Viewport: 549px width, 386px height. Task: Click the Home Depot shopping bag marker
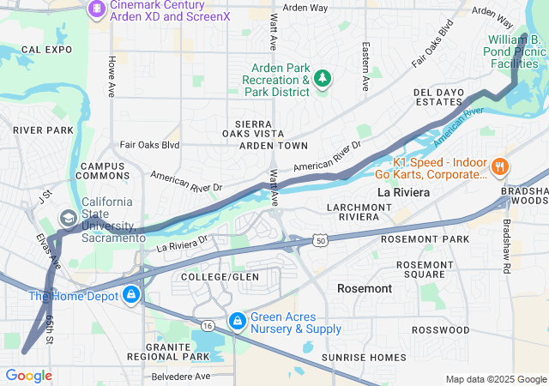point(131,297)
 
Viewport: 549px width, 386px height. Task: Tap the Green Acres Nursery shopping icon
point(237,321)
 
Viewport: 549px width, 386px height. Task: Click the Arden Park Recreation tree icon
point(323,80)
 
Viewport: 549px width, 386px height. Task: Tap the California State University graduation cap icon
point(67,220)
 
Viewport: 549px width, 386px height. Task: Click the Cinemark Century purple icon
point(96,9)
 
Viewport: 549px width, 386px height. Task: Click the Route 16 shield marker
point(208,325)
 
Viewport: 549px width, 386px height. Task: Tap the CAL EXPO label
point(45,51)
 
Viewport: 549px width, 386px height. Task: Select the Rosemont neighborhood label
point(365,289)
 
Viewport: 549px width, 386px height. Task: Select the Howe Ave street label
point(112,76)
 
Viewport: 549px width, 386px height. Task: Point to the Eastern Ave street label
point(365,67)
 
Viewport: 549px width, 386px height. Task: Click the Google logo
point(28,376)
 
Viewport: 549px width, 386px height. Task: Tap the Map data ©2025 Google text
point(495,379)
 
